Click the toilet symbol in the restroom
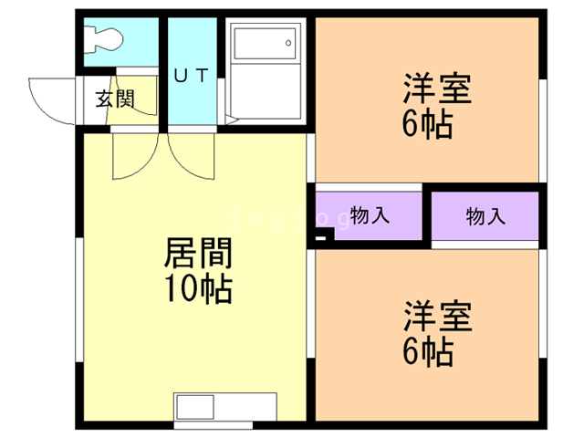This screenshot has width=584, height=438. (x=103, y=39)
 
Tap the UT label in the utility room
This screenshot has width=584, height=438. (x=192, y=76)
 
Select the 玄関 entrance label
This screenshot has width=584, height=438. (x=115, y=99)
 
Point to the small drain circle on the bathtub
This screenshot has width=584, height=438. (x=288, y=43)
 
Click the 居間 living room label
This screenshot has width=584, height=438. (x=199, y=254)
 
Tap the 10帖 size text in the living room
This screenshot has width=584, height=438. (x=199, y=288)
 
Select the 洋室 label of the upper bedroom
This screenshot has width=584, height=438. (x=437, y=89)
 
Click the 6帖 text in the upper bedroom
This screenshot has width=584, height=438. (x=428, y=124)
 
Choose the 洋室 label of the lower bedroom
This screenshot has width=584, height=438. (x=438, y=317)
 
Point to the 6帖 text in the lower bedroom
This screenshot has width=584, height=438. (x=428, y=351)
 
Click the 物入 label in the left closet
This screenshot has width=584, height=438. (x=370, y=215)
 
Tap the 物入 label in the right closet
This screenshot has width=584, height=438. (x=485, y=216)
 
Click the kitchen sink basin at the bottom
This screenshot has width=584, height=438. (x=195, y=407)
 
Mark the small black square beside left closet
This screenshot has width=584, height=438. (x=320, y=237)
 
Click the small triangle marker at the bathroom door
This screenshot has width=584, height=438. (x=231, y=120)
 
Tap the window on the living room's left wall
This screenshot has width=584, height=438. (x=79, y=299)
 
